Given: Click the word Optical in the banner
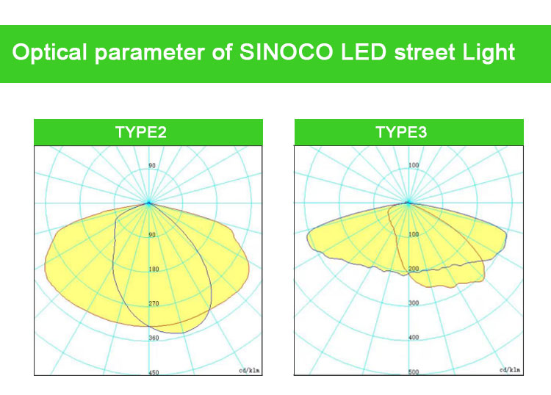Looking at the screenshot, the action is point(49,52).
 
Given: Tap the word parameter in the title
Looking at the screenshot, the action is point(150,53).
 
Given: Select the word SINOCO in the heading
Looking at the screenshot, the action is point(286,52).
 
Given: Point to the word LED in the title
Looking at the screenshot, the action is point(364,52).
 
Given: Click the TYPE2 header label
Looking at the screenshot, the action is point(141,132).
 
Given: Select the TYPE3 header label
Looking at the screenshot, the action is point(401,132).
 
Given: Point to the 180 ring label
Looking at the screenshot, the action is point(154,269).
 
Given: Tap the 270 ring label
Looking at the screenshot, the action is point(154,303).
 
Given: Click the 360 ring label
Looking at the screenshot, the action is point(154,338).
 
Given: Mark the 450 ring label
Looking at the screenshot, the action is point(154,372).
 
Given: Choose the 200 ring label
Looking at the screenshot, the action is point(414,269).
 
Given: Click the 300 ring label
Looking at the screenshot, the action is point(414,302).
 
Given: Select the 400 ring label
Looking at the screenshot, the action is point(414,337).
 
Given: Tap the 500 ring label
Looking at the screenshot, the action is point(414,372).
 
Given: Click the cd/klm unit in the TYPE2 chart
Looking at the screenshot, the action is point(249,370).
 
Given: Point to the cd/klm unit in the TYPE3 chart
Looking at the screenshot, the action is point(510,370).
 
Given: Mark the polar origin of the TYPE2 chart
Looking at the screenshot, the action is point(148,203).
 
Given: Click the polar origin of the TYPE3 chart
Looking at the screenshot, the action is point(408,203).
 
